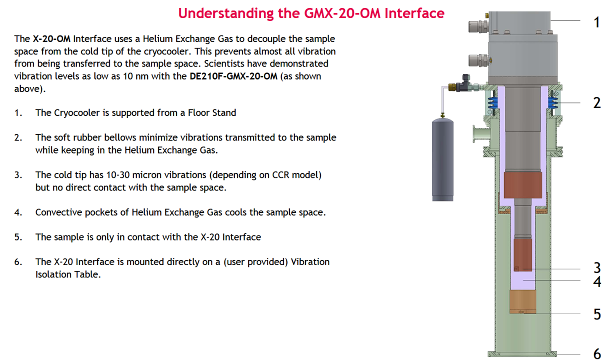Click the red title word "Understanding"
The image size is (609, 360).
click(x=226, y=13)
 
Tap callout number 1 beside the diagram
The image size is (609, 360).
click(x=596, y=22)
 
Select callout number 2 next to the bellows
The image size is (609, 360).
click(x=597, y=103)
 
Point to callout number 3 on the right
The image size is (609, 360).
click(x=597, y=268)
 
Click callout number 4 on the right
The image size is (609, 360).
click(x=597, y=281)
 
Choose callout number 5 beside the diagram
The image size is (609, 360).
click(x=597, y=314)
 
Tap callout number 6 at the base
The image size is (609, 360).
click(x=597, y=353)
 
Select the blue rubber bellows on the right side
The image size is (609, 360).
click(x=552, y=103)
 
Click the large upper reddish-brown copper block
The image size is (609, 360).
click(x=522, y=185)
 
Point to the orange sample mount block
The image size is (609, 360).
click(x=522, y=302)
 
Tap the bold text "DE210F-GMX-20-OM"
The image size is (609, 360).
click(x=233, y=76)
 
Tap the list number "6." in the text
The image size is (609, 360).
click(x=18, y=262)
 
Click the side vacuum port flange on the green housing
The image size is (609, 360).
click(x=481, y=134)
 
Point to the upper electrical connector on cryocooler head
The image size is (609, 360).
click(x=478, y=26)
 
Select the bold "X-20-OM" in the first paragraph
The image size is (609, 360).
click(x=51, y=39)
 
